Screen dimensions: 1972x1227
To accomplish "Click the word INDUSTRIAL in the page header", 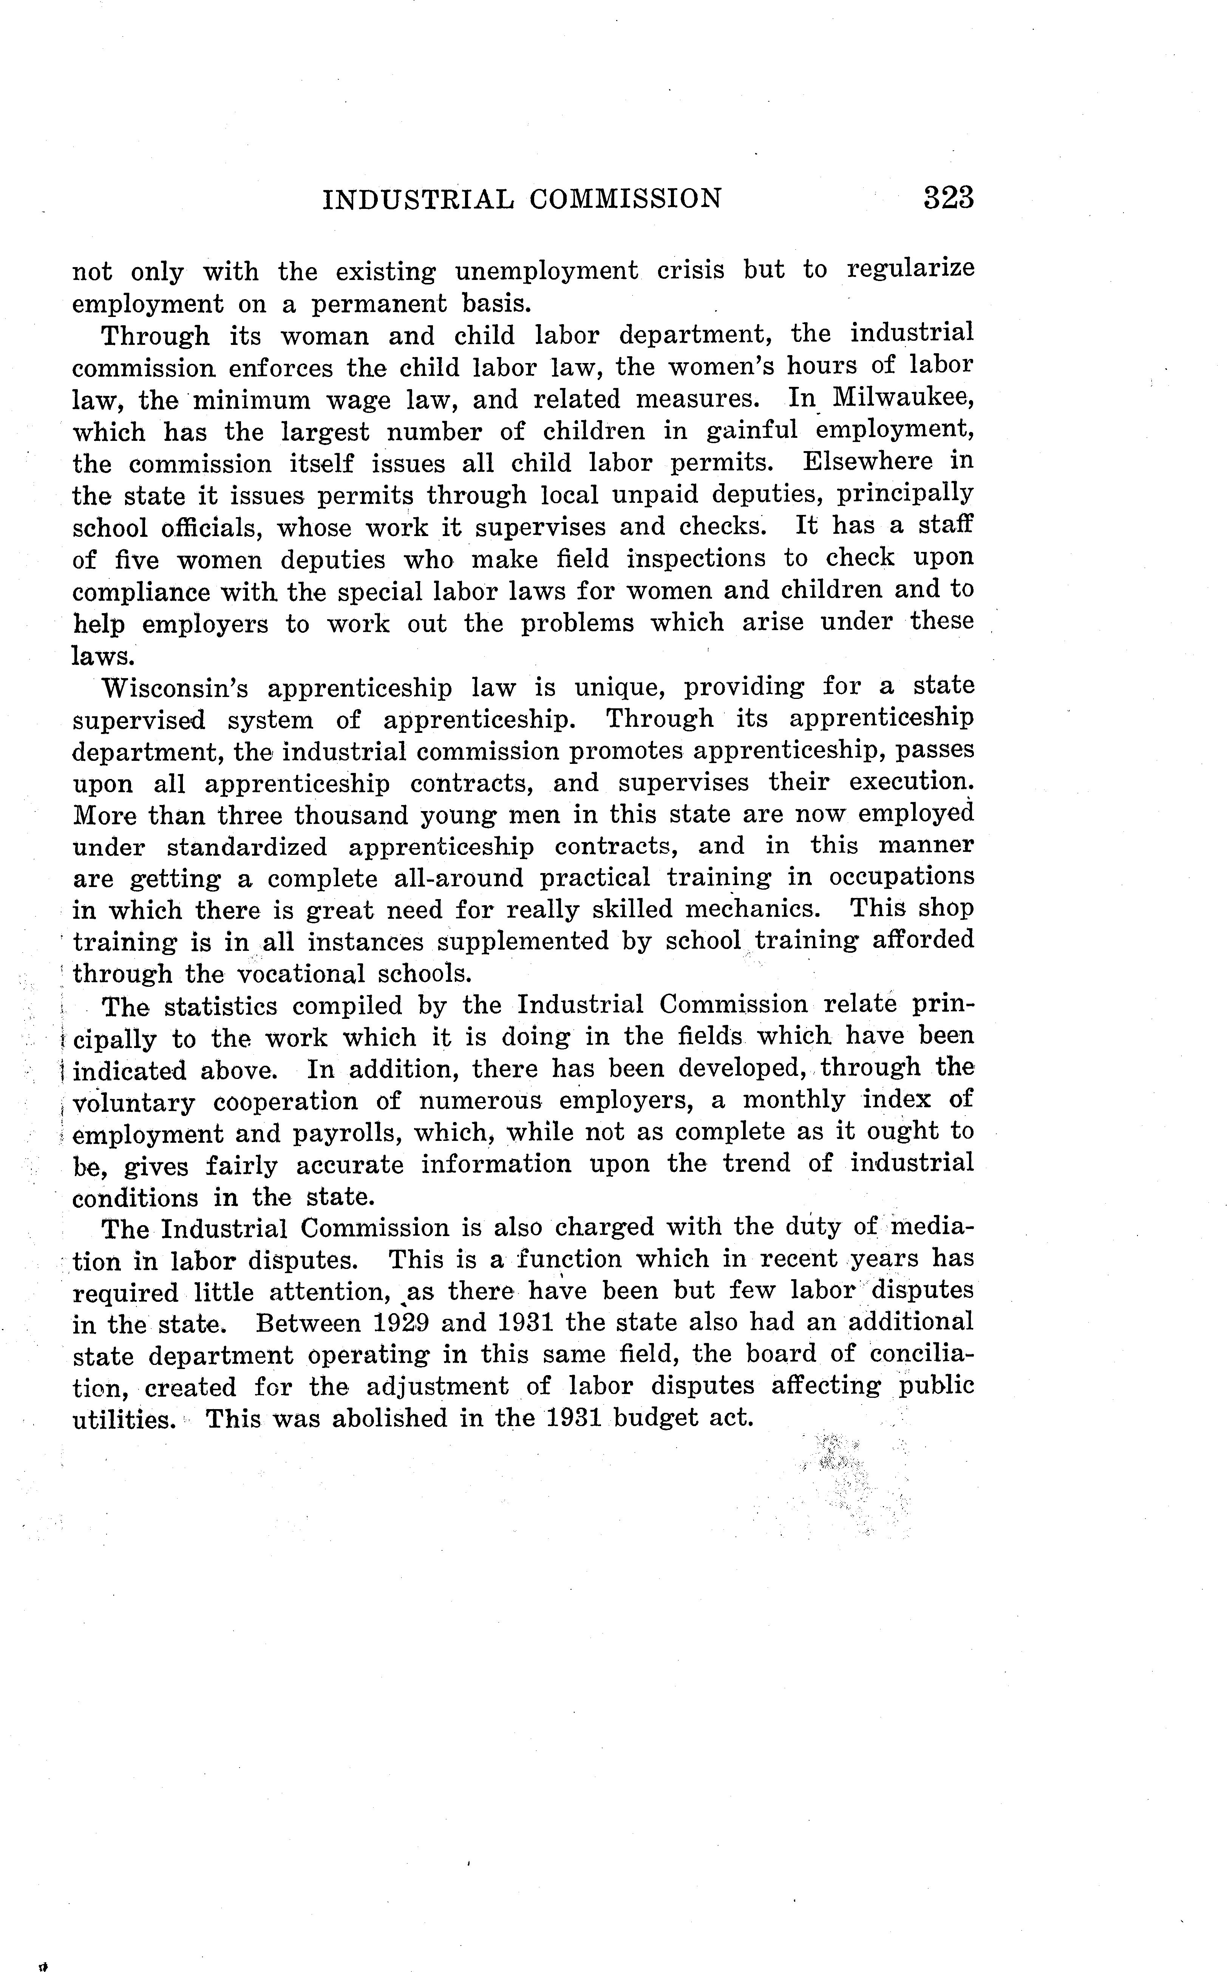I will coord(418,199).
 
